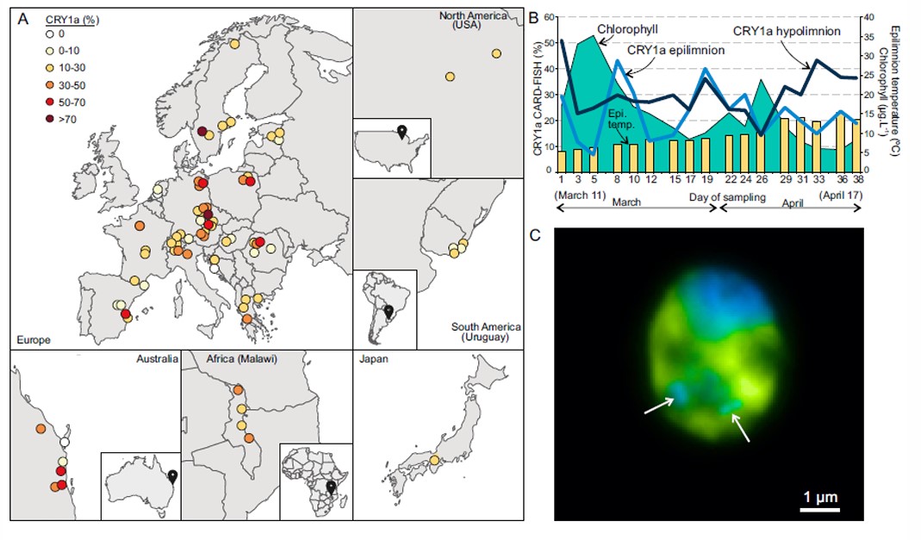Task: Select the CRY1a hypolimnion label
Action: pos(787,30)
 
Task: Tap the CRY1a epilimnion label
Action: pos(675,50)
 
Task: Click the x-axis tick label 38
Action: pos(857,179)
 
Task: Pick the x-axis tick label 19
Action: pos(706,179)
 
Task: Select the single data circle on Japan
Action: pos(434,460)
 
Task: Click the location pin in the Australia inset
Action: pos(172,475)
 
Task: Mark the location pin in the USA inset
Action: pos(401,131)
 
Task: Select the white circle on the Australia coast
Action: pos(65,442)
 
